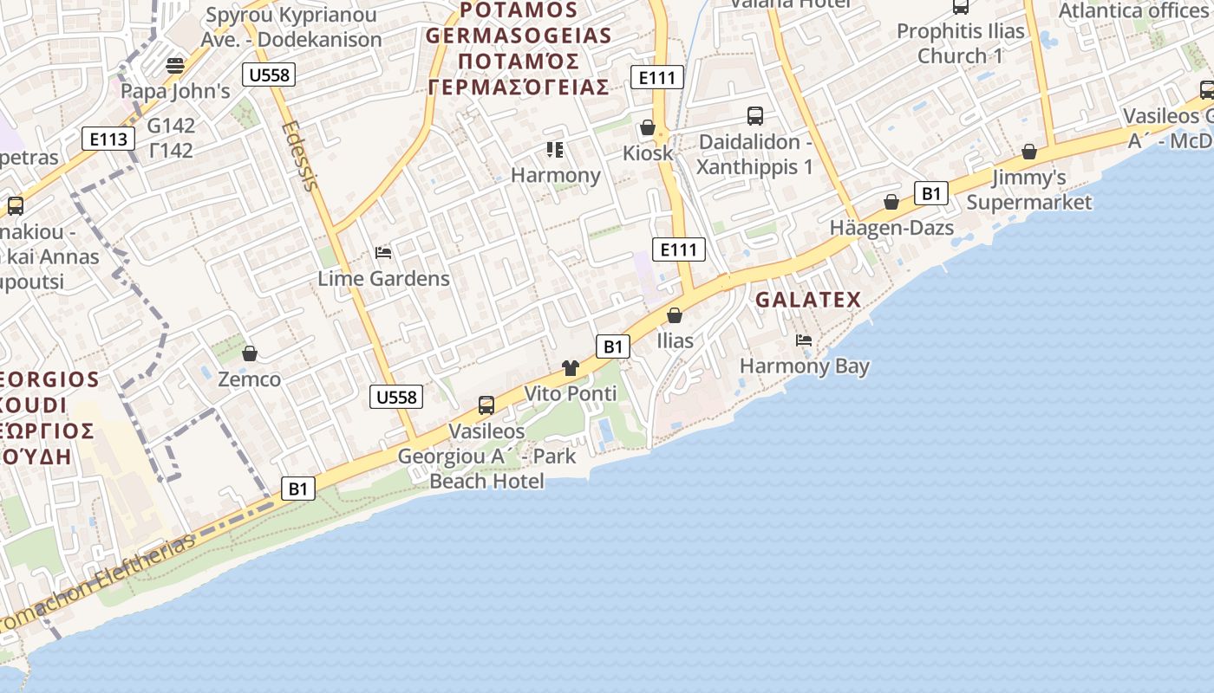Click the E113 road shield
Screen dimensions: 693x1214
tap(108, 139)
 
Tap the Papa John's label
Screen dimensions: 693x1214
tap(175, 91)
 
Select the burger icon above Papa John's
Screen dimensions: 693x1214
tap(175, 65)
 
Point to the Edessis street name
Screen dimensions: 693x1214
tap(300, 154)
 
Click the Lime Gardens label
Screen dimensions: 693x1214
tap(383, 278)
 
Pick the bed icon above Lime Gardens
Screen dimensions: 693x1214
tap(383, 253)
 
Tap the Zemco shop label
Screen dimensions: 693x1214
tap(250, 379)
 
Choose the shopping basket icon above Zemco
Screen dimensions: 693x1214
tap(250, 353)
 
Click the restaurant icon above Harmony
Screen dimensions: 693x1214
tap(555, 150)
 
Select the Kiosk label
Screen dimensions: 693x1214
tap(648, 153)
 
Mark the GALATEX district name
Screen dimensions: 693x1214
tap(808, 300)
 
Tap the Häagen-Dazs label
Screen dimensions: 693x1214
tap(891, 228)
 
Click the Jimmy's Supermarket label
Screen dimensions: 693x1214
tap(1029, 190)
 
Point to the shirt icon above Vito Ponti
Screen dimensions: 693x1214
tap(570, 368)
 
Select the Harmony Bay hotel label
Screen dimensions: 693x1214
tap(805, 366)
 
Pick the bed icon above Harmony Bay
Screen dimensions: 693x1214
tap(804, 340)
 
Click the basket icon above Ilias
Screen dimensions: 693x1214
tap(675, 315)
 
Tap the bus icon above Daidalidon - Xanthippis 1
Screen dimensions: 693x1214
tap(755, 115)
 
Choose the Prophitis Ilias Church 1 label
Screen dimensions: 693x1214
tap(960, 43)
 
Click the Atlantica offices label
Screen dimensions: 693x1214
tap(1135, 10)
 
